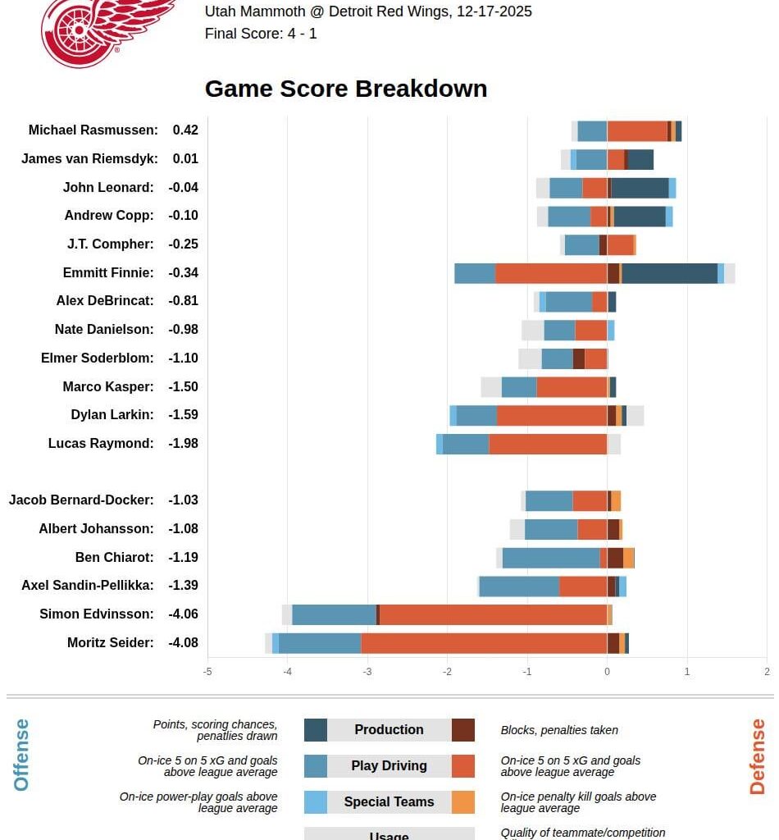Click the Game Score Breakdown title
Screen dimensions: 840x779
coord(345,89)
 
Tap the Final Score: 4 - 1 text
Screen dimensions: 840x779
coord(261,34)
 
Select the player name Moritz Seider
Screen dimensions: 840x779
coord(110,642)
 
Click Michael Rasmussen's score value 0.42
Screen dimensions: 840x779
coord(185,130)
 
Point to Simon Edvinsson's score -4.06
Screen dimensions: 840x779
coord(183,614)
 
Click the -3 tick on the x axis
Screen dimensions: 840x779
coord(367,671)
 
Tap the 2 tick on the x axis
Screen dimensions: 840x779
coord(767,671)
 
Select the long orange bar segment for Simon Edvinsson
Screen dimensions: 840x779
coord(493,614)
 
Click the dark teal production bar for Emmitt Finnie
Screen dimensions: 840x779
coord(669,273)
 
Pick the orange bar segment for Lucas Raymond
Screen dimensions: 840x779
coord(548,444)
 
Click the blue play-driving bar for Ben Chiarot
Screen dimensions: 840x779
coord(550,558)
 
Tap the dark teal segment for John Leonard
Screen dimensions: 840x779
coord(640,188)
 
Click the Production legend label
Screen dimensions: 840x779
coord(389,729)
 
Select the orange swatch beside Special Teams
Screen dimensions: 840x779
coord(462,802)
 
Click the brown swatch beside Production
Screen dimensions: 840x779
coord(462,730)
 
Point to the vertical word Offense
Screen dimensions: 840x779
coord(21,755)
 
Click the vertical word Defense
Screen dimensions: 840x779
coord(757,756)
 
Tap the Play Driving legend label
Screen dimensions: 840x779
coord(389,765)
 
